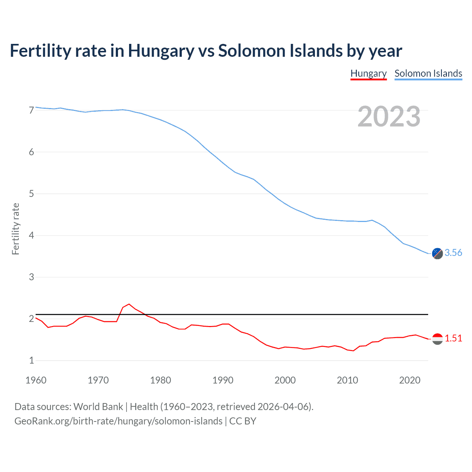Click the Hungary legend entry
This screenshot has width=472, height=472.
[368, 73]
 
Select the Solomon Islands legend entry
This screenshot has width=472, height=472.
[428, 73]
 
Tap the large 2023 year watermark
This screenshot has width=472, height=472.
[389, 117]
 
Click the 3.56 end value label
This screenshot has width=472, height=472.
[453, 253]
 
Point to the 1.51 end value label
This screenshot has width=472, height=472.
[453, 338]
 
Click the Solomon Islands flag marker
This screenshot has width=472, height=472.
[437, 253]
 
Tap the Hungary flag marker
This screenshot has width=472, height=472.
[437, 339]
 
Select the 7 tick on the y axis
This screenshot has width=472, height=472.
[31, 110]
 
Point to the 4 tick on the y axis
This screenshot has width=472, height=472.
[31, 235]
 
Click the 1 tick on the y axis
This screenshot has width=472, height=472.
[31, 360]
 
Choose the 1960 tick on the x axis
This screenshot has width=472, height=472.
[36, 380]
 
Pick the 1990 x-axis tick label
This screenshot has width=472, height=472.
[223, 380]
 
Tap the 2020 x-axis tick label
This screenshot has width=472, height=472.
[410, 380]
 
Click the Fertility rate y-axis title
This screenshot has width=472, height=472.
[15, 229]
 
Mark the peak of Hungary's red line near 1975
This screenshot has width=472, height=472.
[129, 304]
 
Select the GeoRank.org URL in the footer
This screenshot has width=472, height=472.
[118, 421]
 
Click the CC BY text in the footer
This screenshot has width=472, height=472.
[243, 421]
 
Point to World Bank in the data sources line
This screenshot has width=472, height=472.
[98, 407]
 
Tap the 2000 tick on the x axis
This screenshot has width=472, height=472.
[285, 380]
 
